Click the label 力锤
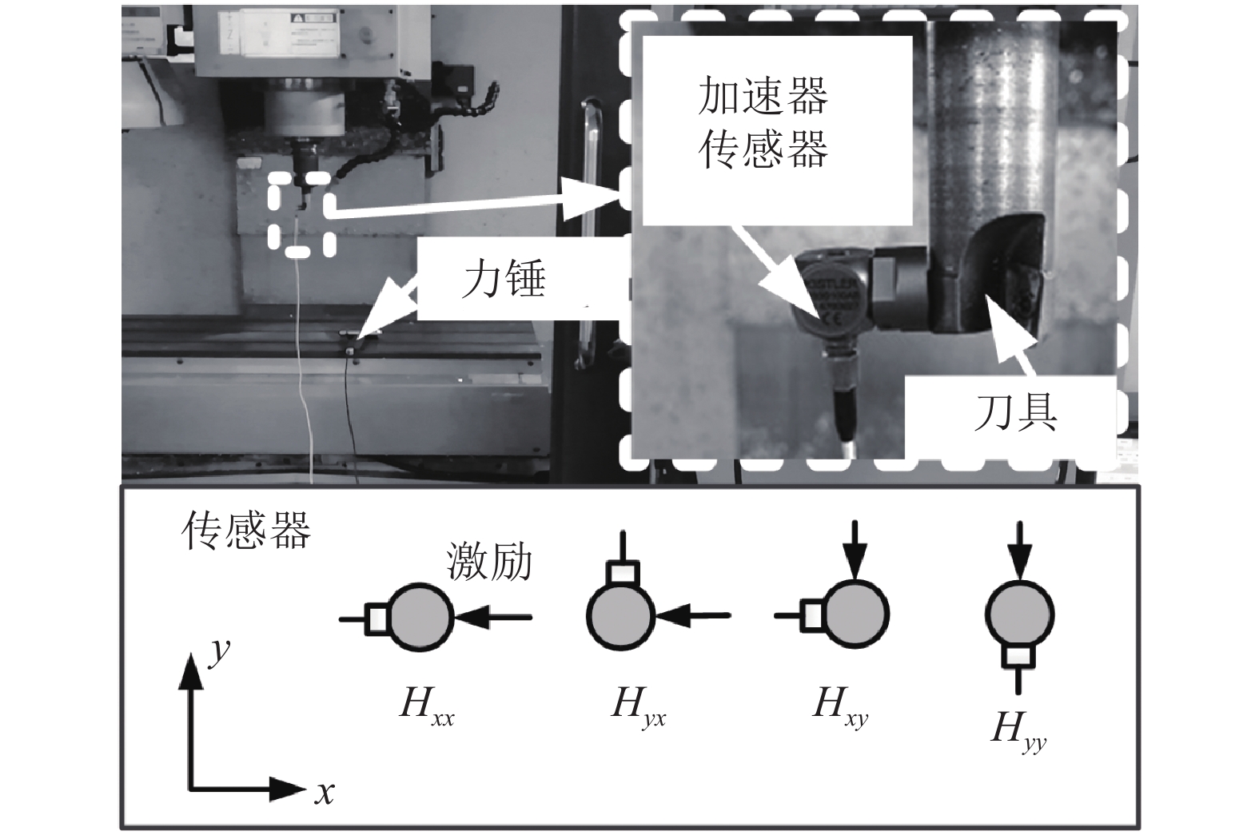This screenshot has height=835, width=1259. pos(504,281)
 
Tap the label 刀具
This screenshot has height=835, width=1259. pos(1015,413)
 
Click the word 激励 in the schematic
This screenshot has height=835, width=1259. pos(488,562)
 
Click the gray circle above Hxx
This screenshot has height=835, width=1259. pos(421,617)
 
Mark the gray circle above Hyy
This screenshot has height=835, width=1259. pos(1019,615)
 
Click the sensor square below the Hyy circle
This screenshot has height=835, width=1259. pos(1019,657)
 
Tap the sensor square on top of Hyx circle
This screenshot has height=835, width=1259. pos(622,573)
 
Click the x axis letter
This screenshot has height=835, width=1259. pos(324,793)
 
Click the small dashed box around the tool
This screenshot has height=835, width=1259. pos(301,214)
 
